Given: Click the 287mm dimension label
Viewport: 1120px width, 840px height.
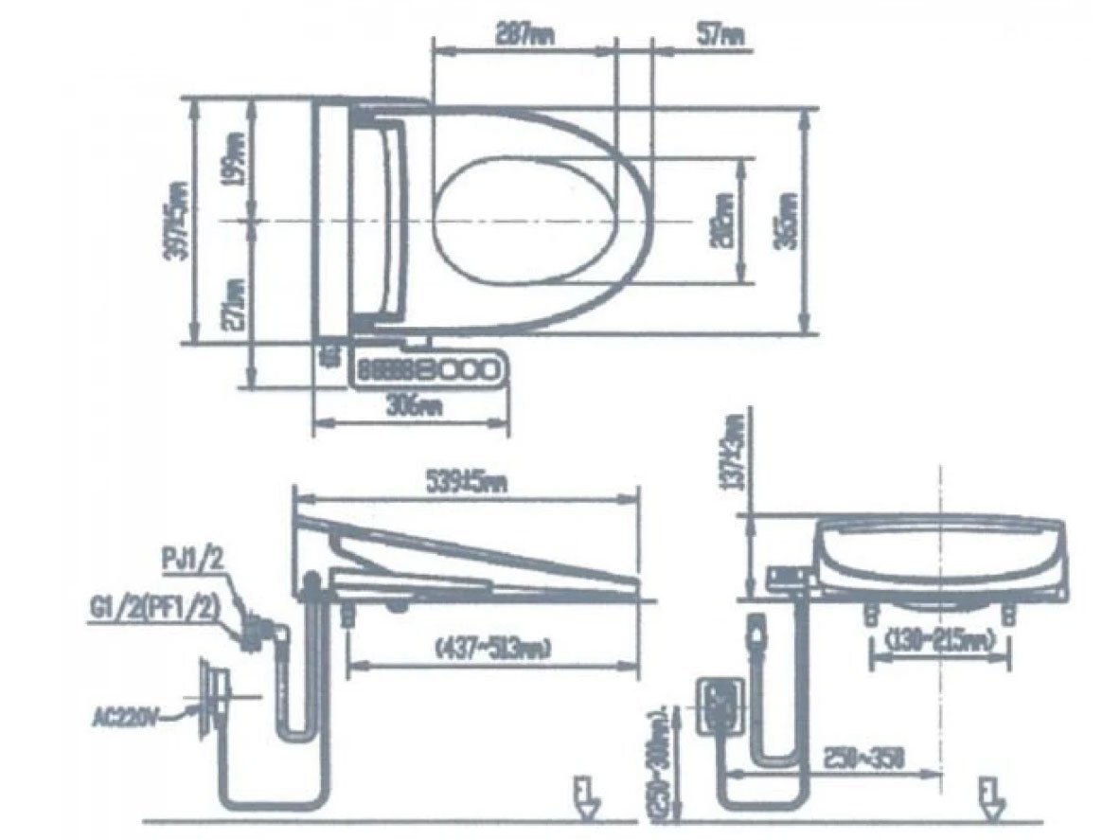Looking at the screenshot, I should tap(524, 35).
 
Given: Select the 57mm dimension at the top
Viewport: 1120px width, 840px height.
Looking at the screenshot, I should tap(721, 35).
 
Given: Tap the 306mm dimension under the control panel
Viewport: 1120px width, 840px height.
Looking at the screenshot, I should tap(406, 407).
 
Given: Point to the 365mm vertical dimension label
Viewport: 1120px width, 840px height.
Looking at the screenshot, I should tap(787, 221).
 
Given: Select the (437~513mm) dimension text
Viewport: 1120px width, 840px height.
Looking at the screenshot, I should tap(492, 648).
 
